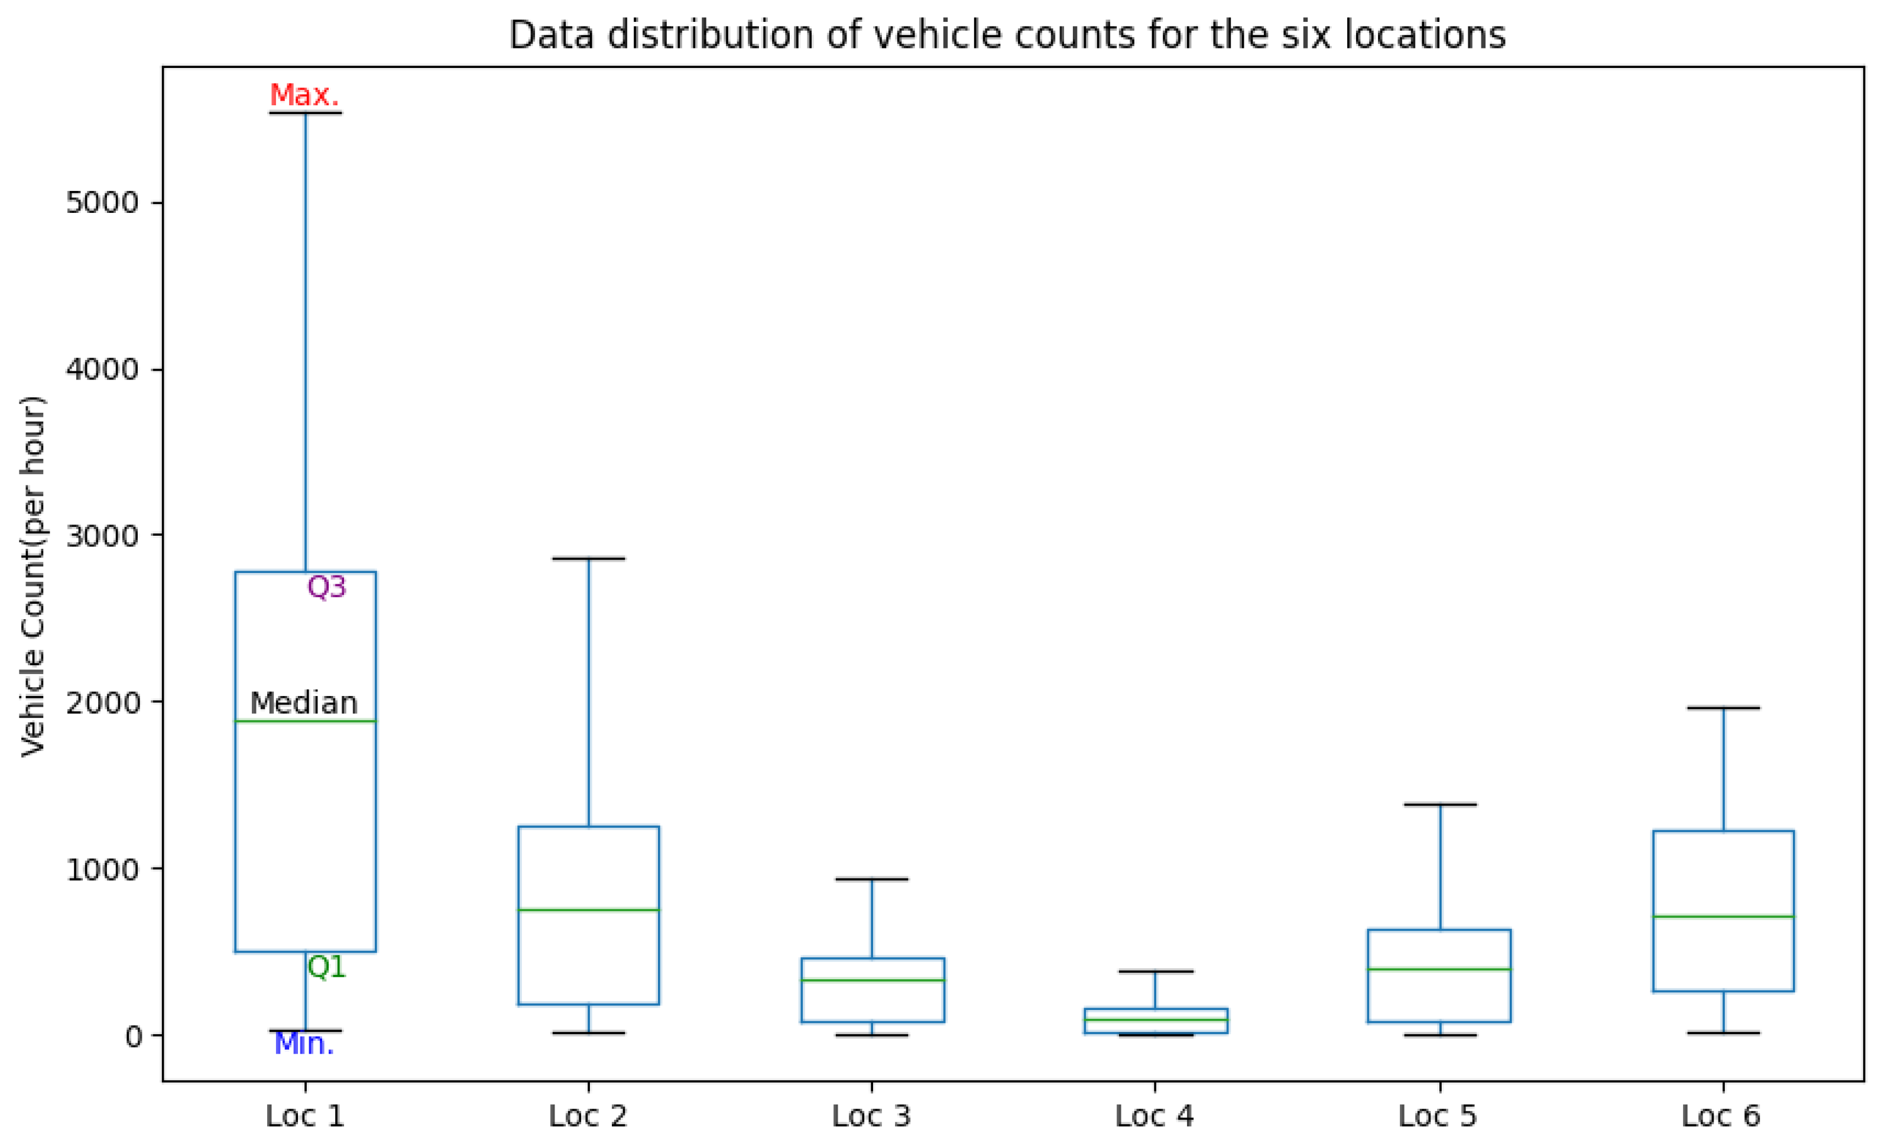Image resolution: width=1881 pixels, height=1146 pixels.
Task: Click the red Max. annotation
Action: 304,95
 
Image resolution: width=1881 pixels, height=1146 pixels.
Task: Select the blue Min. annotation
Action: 304,1044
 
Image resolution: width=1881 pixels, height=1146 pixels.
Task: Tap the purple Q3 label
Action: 327,587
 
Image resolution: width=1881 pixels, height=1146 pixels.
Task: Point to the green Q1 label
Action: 327,967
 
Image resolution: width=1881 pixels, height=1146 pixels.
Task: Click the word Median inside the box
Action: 304,703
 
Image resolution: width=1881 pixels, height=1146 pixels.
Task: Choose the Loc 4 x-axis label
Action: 1154,1116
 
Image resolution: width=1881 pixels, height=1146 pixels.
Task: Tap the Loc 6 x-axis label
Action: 1721,1116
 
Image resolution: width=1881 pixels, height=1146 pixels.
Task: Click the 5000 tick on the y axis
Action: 102,203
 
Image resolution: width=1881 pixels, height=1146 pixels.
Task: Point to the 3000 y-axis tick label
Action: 102,536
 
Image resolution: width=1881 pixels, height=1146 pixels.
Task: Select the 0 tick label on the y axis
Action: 134,1036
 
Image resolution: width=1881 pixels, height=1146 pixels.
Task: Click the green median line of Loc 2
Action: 589,909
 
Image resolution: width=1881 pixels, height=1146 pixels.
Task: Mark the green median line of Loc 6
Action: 1723,916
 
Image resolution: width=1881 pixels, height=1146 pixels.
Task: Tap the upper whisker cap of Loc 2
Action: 589,559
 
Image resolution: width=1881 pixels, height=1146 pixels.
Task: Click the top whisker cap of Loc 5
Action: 1440,805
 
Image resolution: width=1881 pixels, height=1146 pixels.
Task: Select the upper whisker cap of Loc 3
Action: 872,879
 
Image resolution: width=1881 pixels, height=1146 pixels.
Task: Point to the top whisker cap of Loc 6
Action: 1723,708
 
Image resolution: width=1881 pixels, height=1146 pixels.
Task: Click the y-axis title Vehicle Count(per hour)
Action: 34,577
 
